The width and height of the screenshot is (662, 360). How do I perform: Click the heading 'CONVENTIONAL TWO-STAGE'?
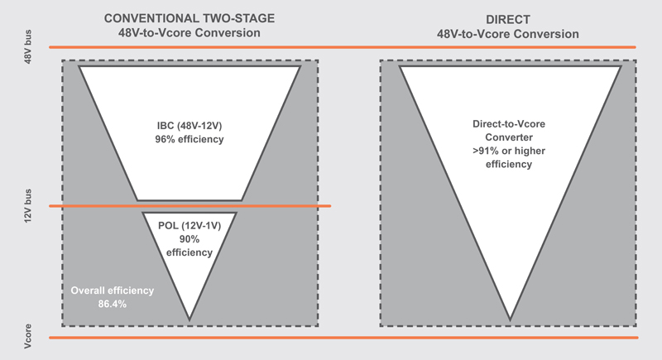pos(189,18)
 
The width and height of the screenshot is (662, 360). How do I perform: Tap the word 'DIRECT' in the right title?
pos(508,19)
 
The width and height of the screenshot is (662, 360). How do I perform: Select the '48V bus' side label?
pos(28,47)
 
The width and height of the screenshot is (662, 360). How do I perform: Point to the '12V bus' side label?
pos(28,206)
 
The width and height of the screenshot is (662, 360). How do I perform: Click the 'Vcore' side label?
pos(28,336)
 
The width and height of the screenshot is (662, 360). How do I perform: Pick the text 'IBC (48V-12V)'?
pos(189,126)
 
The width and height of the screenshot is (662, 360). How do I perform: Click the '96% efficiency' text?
pos(189,139)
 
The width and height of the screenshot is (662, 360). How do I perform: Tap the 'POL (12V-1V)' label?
pos(189,226)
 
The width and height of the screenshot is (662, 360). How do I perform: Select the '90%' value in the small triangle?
pos(189,239)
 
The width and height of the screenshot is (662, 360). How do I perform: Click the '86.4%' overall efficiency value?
pos(113,304)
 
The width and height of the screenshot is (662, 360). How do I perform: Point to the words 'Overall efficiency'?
pos(113,290)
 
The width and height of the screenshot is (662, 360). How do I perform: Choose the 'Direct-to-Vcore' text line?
pos(509,124)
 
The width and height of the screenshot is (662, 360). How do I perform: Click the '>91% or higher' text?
pos(509,151)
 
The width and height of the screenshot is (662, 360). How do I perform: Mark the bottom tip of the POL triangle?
pos(189,320)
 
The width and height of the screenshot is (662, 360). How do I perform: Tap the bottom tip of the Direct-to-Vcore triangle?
pos(510,320)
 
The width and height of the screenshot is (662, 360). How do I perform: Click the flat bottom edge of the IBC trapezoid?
pos(189,200)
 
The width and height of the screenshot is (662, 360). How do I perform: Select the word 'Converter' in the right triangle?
pos(509,137)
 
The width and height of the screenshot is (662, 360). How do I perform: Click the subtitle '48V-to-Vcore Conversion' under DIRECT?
pos(508,34)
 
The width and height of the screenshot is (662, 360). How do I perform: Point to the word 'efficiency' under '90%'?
pos(189,252)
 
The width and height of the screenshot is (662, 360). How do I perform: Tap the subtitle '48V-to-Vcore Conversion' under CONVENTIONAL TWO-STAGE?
pos(189,33)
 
